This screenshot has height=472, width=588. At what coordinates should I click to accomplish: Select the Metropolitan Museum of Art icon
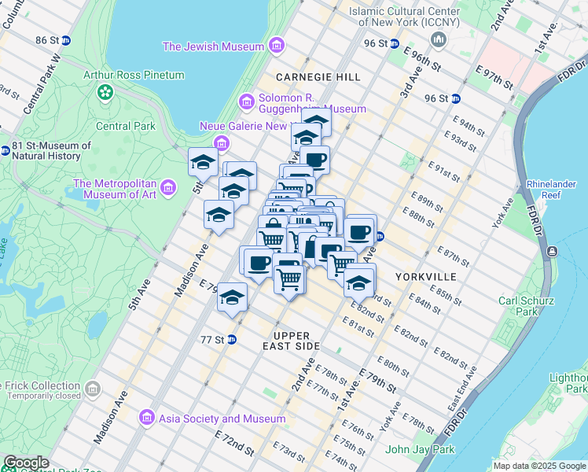167,188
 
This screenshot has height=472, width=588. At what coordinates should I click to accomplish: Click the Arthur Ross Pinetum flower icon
105,93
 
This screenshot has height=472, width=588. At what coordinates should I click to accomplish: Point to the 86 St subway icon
67,39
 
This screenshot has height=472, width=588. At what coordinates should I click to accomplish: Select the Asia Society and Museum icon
145,416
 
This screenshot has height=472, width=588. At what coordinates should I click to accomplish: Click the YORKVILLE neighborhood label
425,277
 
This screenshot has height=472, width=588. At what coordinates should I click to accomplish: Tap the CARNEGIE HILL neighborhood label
318,77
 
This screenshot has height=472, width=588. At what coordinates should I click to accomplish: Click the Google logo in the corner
26,463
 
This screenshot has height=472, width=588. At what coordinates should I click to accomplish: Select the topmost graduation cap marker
316,120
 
